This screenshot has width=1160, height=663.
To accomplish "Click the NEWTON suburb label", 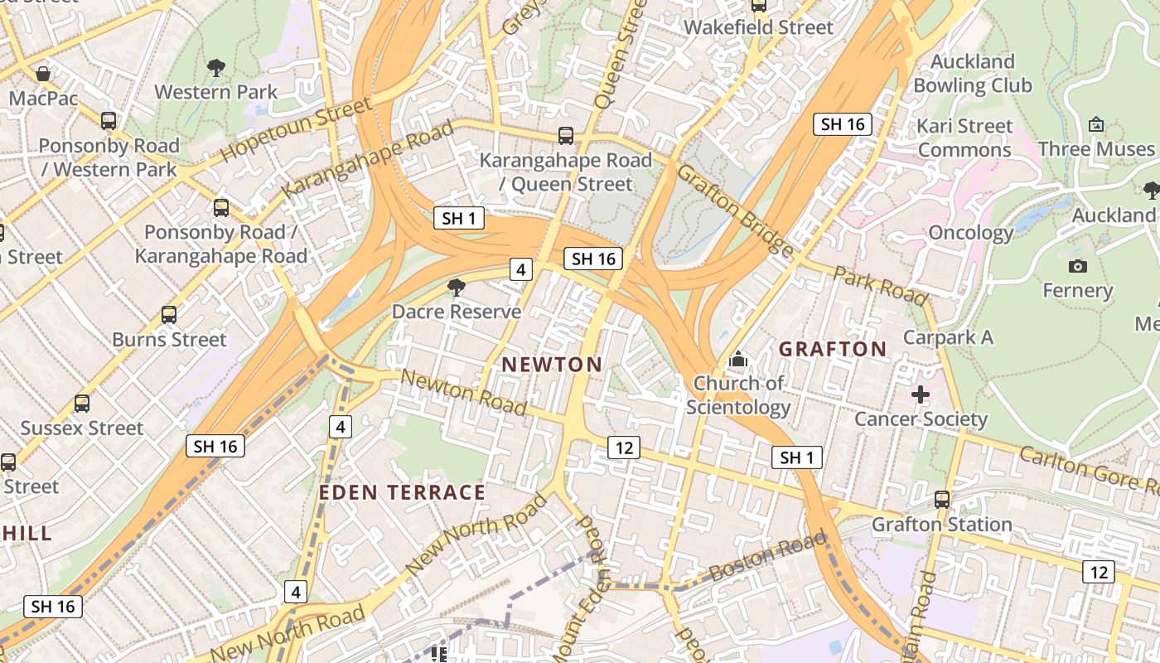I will point(552,365).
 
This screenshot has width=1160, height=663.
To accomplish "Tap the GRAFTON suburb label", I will point(833,349).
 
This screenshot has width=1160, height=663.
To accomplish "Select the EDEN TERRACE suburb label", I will point(403,492).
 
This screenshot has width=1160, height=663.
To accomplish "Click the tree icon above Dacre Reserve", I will point(456,288).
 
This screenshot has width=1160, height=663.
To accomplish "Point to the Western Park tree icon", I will point(216,67).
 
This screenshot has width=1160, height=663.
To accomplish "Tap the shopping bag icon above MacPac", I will point(43,74).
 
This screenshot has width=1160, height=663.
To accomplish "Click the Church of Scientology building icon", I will point(737,360).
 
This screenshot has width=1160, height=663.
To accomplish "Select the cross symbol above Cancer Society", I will point(921,394).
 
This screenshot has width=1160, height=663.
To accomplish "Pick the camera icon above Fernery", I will point(1077,266).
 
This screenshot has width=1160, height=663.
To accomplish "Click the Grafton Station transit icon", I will point(942,500).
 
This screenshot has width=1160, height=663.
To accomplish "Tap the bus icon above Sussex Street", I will point(82,404).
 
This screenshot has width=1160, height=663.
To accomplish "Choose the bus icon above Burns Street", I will point(169,315).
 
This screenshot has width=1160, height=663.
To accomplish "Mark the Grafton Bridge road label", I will point(735,211).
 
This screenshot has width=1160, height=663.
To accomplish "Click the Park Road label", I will point(880,285).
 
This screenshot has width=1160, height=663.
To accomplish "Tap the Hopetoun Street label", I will point(296,129).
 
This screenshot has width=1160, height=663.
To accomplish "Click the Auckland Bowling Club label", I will point(973,74).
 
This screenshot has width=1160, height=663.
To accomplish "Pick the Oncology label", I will point(970,233).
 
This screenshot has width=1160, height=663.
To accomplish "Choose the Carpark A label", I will point(948,337).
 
